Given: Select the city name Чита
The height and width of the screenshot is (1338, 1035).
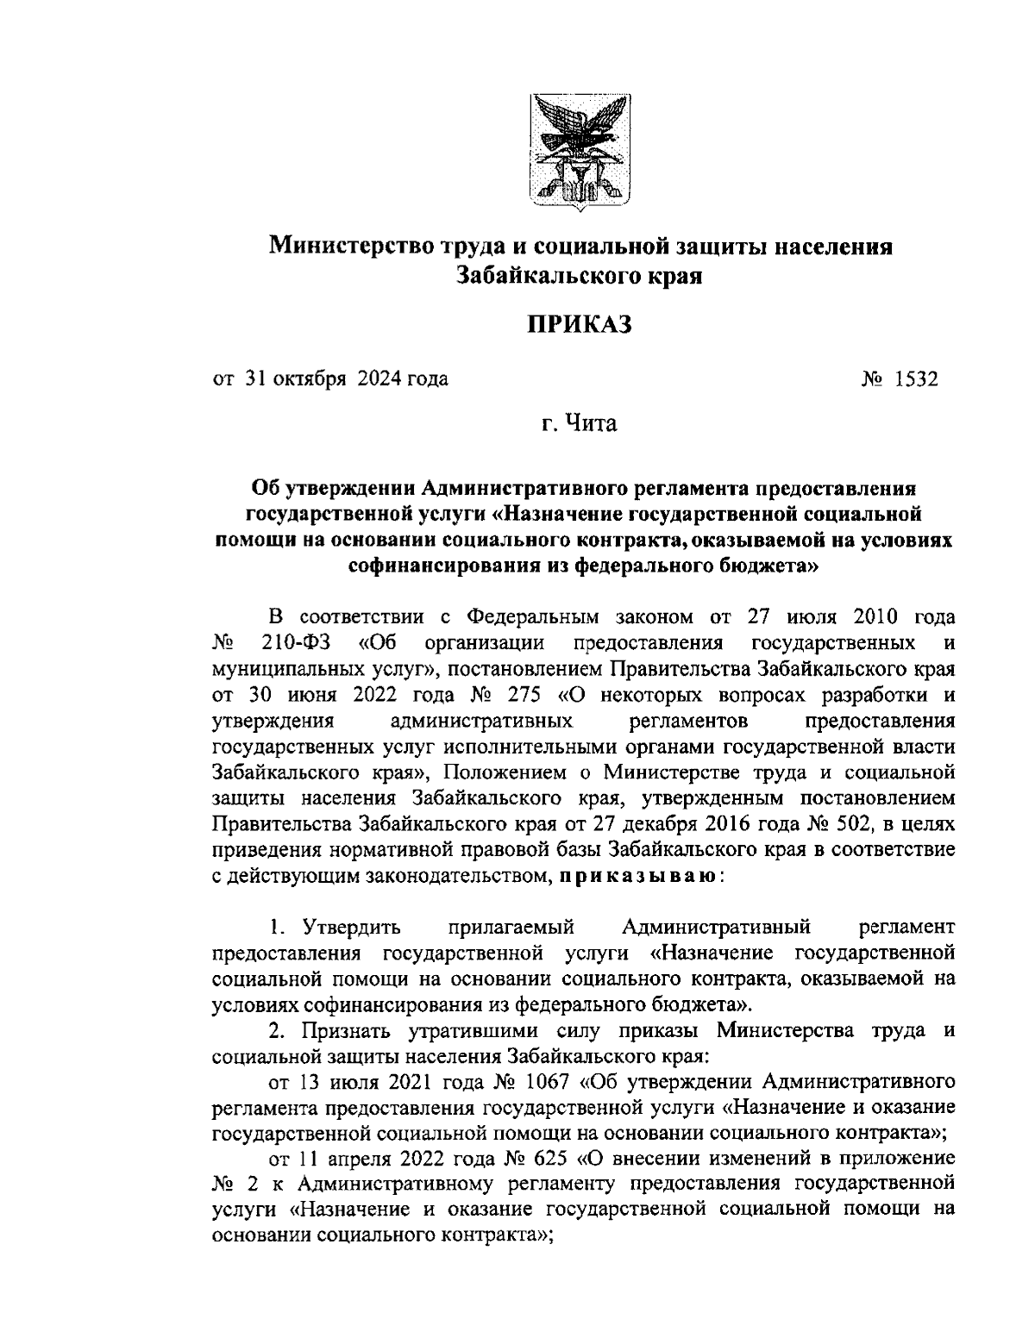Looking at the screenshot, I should (x=591, y=424).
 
